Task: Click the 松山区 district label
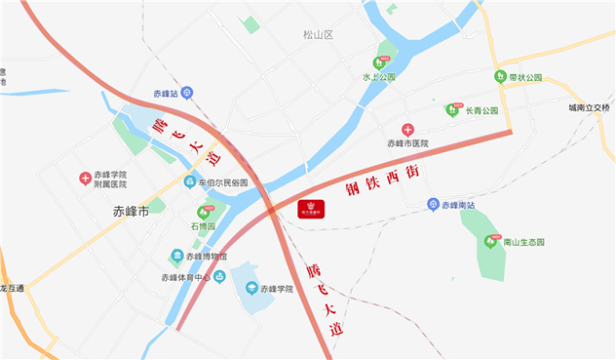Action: [318, 35]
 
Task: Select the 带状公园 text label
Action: [525, 77]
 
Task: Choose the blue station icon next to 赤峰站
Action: [186, 92]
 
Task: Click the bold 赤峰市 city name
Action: [131, 212]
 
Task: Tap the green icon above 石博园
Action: [207, 213]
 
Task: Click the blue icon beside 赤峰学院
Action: [249, 290]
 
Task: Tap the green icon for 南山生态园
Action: [491, 241]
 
